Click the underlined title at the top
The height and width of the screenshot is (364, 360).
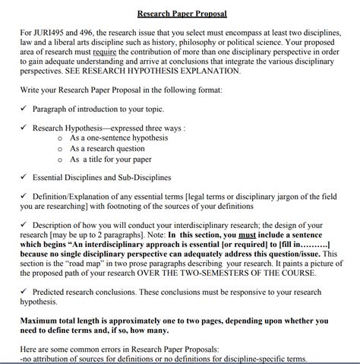pos(182,14)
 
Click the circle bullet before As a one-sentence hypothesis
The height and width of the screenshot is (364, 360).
pos(60,139)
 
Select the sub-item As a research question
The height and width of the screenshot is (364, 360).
pos(114,150)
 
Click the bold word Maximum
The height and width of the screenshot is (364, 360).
pos(43,321)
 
